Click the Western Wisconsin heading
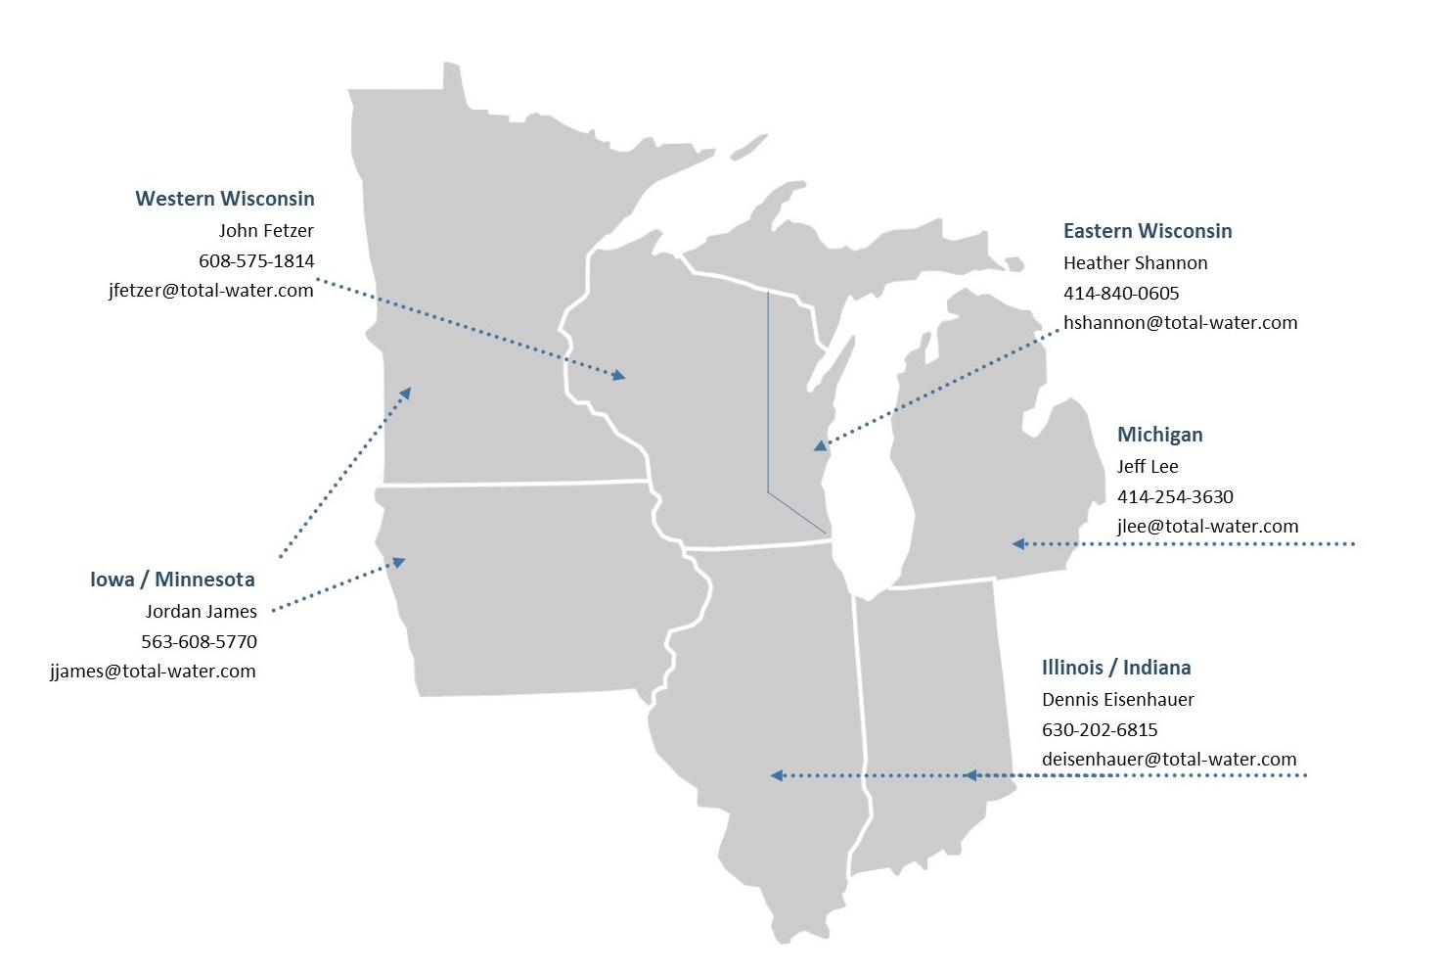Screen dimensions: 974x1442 click(x=225, y=199)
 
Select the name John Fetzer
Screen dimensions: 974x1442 click(x=266, y=231)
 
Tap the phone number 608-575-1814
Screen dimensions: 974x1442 click(x=256, y=260)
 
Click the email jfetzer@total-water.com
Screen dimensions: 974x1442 click(x=211, y=290)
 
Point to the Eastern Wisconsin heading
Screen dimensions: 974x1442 click(x=1148, y=231)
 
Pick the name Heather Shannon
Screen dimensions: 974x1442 click(x=1135, y=263)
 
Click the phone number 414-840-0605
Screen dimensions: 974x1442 click(x=1121, y=293)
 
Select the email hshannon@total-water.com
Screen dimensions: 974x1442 click(x=1180, y=322)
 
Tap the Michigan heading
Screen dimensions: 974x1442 click(x=1159, y=435)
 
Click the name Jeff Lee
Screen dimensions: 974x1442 click(x=1148, y=467)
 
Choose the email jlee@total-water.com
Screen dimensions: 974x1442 click(x=1207, y=526)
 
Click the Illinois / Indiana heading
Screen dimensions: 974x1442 click(x=1116, y=668)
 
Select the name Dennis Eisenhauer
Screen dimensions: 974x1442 click(x=1117, y=700)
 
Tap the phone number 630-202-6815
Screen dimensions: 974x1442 click(x=1100, y=729)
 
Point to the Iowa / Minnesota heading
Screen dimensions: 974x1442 click(x=172, y=580)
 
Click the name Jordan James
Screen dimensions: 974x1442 click(x=202, y=612)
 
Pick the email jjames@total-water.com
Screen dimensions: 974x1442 click(x=154, y=672)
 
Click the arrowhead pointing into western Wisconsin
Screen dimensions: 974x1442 click(x=617, y=374)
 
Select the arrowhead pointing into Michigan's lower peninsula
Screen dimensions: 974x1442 click(x=1018, y=543)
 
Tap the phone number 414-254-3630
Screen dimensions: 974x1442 click(x=1175, y=496)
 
